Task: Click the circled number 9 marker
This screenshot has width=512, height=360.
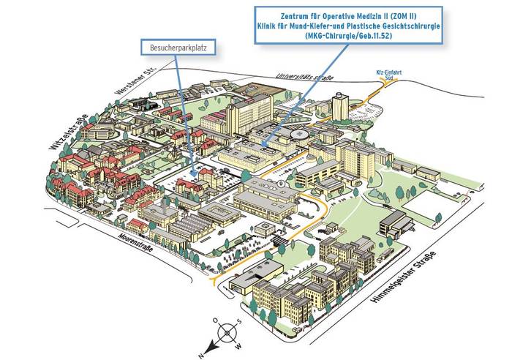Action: [281, 181]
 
